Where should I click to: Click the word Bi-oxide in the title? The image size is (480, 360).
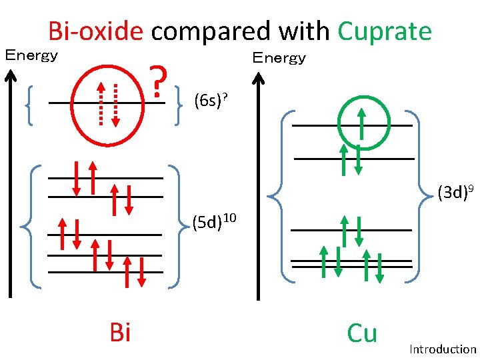pos(95,31)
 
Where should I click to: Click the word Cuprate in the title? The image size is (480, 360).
pos(385,31)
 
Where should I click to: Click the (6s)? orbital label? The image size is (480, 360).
pos(211,101)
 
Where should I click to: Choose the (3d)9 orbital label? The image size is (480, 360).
pos(456,193)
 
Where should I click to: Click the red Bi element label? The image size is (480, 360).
pos(119,332)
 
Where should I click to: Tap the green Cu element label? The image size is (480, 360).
pos(362,333)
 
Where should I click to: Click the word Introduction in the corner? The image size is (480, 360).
pos(443,349)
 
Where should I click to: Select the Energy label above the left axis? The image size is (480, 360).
pos(31,55)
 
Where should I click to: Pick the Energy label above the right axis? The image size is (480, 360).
pos(279,58)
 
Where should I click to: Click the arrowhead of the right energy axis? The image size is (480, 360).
pos(259,75)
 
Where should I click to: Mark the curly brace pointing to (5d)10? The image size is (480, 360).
pos(177,226)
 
